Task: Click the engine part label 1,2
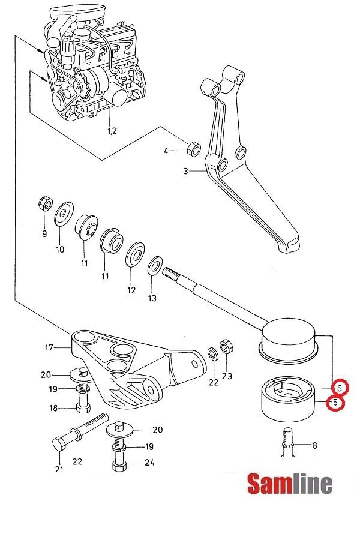[112, 130]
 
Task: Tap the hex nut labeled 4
[194, 147]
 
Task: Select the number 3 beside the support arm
[187, 172]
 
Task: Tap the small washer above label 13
[154, 264]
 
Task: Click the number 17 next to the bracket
[49, 347]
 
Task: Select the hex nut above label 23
[226, 346]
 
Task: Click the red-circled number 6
[338, 387]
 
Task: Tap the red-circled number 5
[334, 403]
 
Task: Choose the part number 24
[149, 462]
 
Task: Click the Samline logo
[290, 484]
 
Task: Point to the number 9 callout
[44, 233]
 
